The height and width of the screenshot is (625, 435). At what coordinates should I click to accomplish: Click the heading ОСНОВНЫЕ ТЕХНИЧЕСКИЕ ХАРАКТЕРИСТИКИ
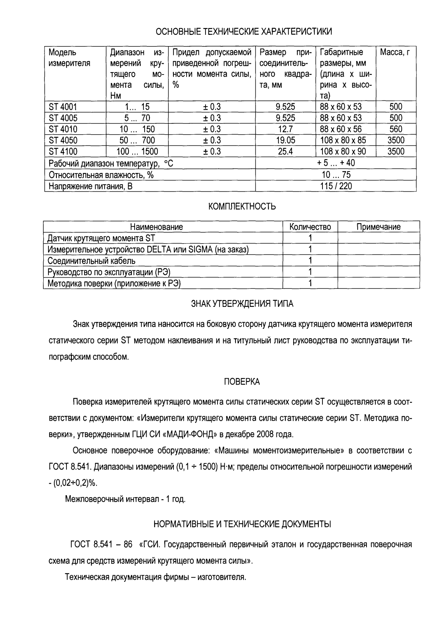(x=244, y=31)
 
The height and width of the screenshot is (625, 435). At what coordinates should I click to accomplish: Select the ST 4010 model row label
(x=63, y=129)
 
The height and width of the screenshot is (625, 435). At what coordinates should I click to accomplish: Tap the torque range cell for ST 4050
(x=137, y=140)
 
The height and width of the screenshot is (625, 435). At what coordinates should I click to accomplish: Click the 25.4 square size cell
(x=285, y=151)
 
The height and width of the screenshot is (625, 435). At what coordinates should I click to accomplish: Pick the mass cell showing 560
(x=396, y=129)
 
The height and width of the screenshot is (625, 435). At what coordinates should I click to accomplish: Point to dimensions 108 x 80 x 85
(x=345, y=140)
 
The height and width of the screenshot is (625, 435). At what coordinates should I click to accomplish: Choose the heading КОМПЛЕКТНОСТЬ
(x=242, y=207)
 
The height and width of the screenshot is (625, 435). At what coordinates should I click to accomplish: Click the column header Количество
(x=310, y=227)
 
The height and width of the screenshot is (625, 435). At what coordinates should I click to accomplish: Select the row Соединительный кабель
(x=91, y=261)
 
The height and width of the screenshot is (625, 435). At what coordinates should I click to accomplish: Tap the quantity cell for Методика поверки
(x=310, y=283)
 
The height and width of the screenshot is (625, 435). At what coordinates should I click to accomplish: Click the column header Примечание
(x=379, y=227)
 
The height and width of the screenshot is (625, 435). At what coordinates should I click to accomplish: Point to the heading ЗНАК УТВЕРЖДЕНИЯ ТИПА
(x=242, y=304)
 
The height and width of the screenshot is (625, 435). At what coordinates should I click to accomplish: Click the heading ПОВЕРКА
(x=242, y=382)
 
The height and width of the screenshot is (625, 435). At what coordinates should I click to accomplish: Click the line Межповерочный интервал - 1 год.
(x=125, y=499)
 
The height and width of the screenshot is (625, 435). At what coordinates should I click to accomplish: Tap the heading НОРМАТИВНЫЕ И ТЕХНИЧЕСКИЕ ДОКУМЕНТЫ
(x=242, y=524)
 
